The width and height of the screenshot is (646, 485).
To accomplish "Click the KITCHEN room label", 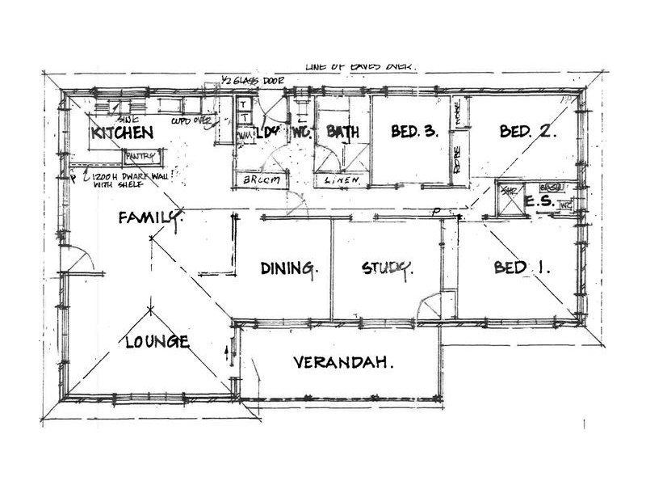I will coord(122,133).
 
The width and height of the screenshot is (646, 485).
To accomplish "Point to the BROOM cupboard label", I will coord(261,181).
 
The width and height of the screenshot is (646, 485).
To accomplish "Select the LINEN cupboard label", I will coord(338,181).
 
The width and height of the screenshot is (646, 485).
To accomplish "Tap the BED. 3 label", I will coord(414,132).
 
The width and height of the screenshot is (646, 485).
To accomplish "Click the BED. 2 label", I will coord(526,132).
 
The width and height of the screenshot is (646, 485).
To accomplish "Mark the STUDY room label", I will coord(388,268).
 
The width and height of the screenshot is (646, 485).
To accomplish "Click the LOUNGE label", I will coord(157,341).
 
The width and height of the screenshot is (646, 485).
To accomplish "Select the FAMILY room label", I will coord(150,217).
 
